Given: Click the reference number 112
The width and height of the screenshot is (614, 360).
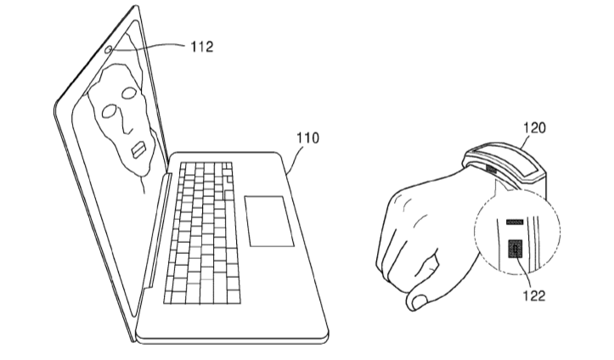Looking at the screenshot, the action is point(201,47).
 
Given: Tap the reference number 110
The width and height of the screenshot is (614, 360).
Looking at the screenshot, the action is point(307,138).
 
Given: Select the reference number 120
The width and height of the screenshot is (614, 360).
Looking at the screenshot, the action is point(534,127).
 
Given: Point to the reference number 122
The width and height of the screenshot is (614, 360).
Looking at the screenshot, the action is point(534,295).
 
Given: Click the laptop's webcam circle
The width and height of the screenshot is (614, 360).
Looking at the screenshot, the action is point(109,49).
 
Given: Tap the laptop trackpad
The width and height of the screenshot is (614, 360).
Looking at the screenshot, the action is point(269,221).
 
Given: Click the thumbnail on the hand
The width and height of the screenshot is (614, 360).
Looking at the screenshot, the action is point(420,301).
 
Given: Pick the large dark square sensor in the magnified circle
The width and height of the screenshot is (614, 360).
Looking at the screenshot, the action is point(515,249).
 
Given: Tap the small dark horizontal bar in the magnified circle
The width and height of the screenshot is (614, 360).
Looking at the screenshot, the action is point(515,222).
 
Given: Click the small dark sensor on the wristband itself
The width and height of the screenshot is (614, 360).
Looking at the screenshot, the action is point(492,170).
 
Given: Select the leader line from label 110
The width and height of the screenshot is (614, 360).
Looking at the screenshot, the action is point(295,161).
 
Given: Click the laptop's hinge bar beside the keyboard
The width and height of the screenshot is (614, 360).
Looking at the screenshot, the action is point(156,231).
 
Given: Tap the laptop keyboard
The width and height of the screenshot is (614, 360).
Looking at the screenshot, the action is point(202,233).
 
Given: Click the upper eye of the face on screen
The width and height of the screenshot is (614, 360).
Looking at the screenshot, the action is point(128,93).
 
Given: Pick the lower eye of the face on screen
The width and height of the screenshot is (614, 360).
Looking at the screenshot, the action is point(110,111).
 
